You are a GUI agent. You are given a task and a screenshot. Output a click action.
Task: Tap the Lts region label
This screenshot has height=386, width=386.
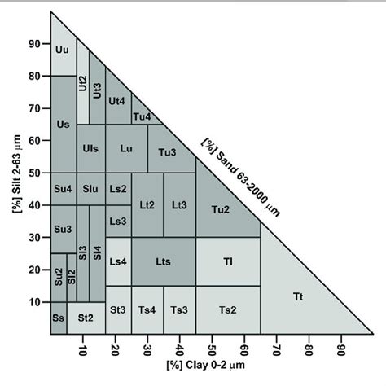click(x=163, y=261)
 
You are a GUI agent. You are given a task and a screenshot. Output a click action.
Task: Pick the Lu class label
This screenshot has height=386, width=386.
click(x=126, y=149)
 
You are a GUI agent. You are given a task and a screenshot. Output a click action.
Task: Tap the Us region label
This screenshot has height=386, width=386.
click(x=63, y=124)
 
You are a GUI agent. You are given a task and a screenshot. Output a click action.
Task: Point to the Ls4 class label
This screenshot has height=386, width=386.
click(x=118, y=261)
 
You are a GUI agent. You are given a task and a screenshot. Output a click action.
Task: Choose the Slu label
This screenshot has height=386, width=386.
click(x=90, y=190)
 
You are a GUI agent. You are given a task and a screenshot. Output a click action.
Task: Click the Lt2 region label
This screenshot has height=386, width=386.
click(x=147, y=206)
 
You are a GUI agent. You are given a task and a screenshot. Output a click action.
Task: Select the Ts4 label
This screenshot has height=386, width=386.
click(x=147, y=310)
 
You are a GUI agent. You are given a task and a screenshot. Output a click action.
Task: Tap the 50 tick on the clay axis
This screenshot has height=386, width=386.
click(x=213, y=352)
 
